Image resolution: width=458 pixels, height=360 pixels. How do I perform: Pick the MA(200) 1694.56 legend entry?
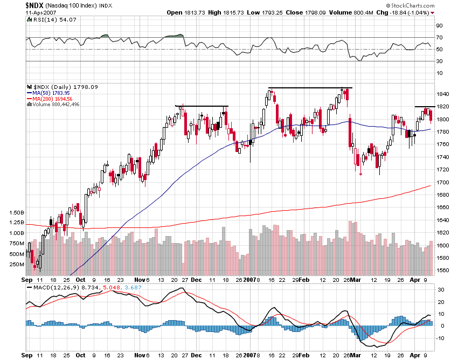coord(50,99)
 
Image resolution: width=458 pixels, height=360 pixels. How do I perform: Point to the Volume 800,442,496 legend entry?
coord(55,104)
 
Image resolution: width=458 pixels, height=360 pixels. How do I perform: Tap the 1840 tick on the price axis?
coord(442,94)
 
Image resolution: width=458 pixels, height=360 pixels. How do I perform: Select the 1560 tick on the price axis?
coord(442,270)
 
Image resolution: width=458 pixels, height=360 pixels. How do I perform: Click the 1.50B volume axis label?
coord(16,212)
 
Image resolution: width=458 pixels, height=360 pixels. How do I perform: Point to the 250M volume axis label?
coord(17,265)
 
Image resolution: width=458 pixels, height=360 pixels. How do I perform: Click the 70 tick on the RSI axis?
coord(440,37)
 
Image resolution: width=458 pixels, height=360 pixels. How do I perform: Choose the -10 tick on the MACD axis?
coord(440,338)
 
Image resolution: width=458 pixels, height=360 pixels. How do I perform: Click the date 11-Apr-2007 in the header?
coord(40,12)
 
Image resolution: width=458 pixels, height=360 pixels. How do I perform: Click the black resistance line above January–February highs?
coord(310,88)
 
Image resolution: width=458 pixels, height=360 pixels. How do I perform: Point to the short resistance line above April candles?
coord(425,107)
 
